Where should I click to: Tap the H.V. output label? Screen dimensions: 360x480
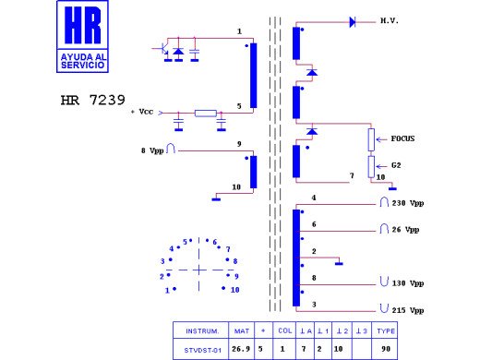tap(389, 19)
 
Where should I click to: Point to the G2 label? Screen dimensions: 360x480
tap(396, 166)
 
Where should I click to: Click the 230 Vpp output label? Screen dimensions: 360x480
tap(407, 203)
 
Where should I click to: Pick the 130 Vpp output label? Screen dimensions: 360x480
tap(407, 282)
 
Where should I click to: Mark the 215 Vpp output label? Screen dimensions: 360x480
tap(407, 310)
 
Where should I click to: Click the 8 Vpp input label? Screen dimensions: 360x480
tap(151, 149)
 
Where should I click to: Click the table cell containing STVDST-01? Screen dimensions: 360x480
tap(201, 349)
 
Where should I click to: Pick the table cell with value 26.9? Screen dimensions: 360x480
tap(242, 349)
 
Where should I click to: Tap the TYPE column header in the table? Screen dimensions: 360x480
tap(386, 330)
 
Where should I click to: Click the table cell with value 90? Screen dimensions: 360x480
tap(386, 349)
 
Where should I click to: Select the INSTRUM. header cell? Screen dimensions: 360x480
tap(201, 330)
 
